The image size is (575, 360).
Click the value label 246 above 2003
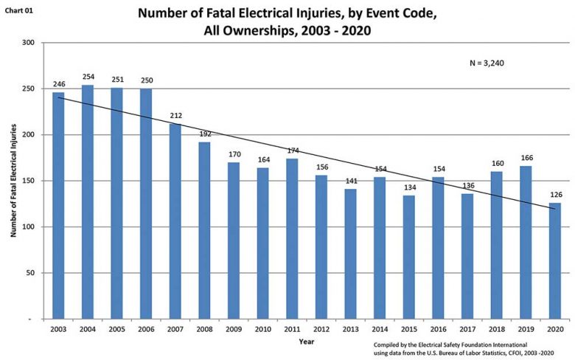[x=59, y=84]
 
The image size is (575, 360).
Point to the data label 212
[x=175, y=115]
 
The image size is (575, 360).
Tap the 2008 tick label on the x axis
[x=205, y=329]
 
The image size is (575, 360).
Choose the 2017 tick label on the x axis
[x=468, y=329]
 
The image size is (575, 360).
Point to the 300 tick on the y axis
[x=29, y=43]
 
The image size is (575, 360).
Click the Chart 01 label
[x=18, y=11]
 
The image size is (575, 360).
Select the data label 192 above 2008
[x=205, y=134]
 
